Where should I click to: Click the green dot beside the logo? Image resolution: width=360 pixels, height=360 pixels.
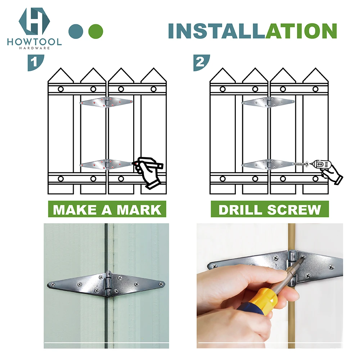coord(96,31)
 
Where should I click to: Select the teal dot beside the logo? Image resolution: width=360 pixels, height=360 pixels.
coord(76,31)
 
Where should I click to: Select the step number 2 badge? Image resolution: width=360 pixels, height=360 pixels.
coord(200,62)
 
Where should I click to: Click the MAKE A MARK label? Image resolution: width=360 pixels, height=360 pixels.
coord(107,209)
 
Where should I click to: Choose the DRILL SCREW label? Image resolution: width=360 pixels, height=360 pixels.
coord(270,209)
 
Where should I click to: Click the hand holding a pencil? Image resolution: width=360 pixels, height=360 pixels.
coord(149,171)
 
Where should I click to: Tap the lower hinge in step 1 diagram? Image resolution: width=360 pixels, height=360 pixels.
coord(107,165)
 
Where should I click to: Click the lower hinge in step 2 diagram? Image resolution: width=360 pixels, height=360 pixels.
coord(269,165)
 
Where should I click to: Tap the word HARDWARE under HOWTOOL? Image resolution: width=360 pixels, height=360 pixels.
coord(34,48)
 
